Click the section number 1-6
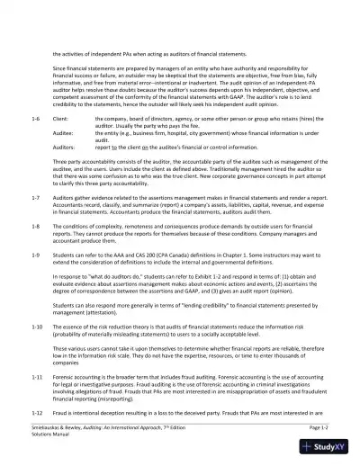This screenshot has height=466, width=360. click(34, 119)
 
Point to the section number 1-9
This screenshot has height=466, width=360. click(34, 255)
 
